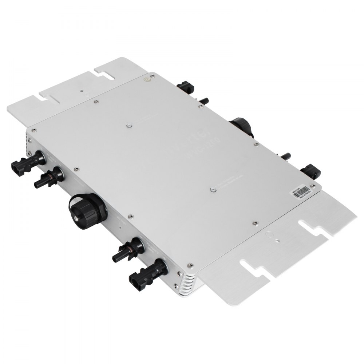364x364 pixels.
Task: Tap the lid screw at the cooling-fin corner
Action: pos(189,266)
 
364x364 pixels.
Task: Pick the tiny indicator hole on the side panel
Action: pos(120,226)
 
